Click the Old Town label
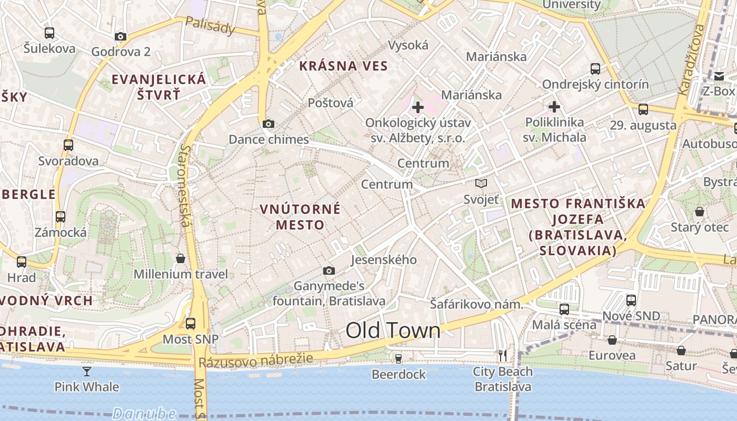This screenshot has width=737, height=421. (393, 330)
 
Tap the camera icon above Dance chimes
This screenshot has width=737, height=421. (268, 124)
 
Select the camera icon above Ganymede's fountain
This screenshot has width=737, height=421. (329, 271)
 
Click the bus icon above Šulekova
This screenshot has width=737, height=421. (49, 33)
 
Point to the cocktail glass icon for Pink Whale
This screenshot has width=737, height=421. (87, 372)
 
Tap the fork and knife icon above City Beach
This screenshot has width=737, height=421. (503, 356)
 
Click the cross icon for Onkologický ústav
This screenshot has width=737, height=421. (418, 108)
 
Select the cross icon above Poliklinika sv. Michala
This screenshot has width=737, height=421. (554, 107)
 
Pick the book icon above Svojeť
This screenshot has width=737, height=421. (481, 184)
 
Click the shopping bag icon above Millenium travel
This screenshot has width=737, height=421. (181, 258)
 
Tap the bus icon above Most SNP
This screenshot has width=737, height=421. (191, 324)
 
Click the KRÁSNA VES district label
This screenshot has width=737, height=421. (343, 66)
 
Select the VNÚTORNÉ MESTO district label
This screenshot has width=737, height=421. (301, 217)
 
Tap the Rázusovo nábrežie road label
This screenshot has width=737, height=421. (256, 360)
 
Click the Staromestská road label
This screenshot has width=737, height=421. (184, 185)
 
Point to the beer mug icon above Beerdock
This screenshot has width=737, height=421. (399, 359)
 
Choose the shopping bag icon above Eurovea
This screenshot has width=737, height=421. (612, 340)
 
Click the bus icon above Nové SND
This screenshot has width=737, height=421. (631, 300)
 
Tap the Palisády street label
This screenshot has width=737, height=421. (210, 26)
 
